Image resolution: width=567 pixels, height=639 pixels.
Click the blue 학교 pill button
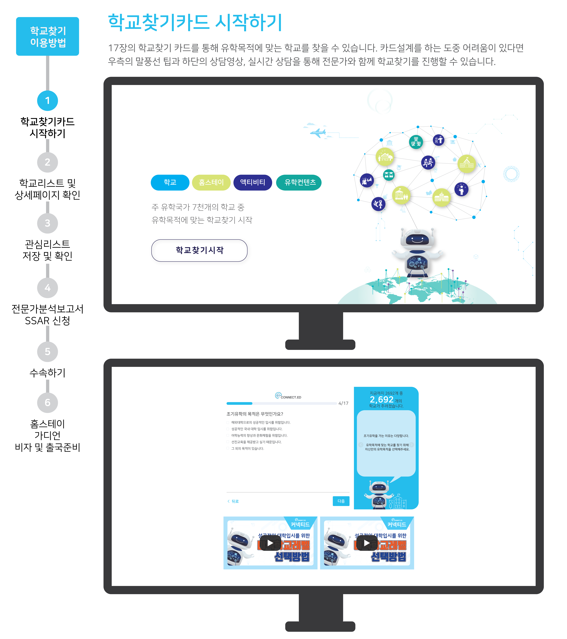[x=170, y=182]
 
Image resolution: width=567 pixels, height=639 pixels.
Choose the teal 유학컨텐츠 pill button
[x=299, y=182]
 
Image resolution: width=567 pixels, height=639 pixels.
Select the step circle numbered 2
[x=48, y=162]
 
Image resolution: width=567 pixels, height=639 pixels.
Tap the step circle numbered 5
[x=48, y=351]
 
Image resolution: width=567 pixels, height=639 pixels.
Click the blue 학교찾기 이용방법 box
[x=48, y=36]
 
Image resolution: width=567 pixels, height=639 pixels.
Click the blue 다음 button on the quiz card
[x=341, y=501]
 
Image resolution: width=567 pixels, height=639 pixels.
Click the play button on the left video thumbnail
[x=270, y=543]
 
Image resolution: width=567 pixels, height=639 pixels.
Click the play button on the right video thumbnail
[x=367, y=543]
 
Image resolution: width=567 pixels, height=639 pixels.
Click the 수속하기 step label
[x=48, y=372]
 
